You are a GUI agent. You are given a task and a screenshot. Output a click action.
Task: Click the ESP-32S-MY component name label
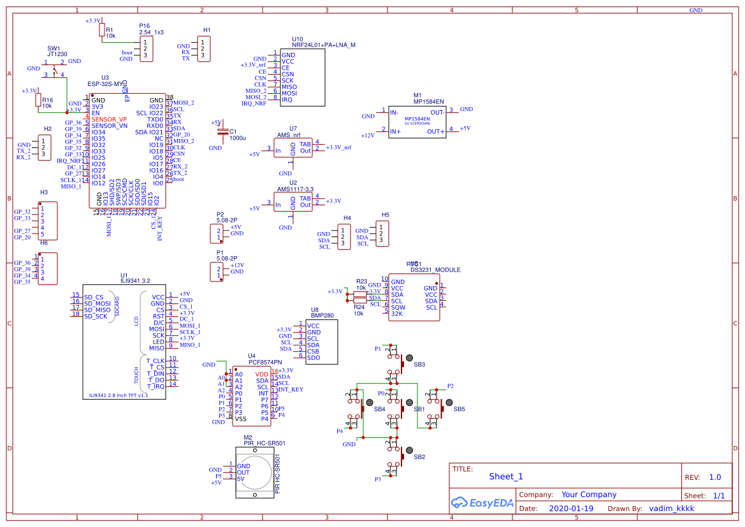click(x=105, y=84)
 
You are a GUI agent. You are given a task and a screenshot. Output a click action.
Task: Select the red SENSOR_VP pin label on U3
click(x=109, y=119)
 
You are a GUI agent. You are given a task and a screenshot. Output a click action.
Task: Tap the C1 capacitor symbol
click(x=222, y=132)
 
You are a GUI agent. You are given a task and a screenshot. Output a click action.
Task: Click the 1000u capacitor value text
click(x=237, y=138)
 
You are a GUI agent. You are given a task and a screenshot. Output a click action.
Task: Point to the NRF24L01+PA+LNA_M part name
click(x=324, y=45)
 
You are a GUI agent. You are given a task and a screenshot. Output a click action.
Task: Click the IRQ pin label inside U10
click(x=287, y=100)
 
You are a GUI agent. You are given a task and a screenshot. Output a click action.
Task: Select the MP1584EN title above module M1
click(x=428, y=101)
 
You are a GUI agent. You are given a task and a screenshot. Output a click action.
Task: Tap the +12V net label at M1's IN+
click(x=368, y=135)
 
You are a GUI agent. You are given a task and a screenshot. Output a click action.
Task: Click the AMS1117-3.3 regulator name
click(x=296, y=189)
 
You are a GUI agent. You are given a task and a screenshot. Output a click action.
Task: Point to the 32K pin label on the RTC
click(x=397, y=314)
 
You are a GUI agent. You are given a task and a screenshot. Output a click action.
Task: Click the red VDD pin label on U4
click(x=262, y=374)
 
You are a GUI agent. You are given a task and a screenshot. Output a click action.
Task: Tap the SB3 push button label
click(x=419, y=365)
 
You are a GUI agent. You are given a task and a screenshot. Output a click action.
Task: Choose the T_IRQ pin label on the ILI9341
click(x=156, y=386)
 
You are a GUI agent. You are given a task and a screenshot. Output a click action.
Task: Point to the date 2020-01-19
click(x=570, y=509)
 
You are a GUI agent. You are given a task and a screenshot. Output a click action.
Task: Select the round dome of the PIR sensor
click(x=257, y=468)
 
